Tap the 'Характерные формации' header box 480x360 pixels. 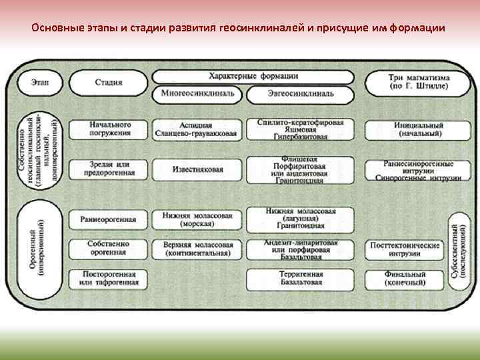pos(253,77)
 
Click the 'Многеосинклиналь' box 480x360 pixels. pos(197,93)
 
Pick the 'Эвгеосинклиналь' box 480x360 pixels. pos(300,94)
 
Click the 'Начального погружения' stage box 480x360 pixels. pos(110,129)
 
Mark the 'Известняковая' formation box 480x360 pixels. pos(197,169)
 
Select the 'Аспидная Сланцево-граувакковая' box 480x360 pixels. pos(197,129)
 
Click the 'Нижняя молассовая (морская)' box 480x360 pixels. pos(197,220)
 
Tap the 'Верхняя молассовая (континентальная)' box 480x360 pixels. pos(197,249)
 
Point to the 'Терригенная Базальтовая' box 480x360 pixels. pos(300,278)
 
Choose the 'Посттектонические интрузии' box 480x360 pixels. pos(405,249)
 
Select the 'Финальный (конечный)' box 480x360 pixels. pos(405,278)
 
